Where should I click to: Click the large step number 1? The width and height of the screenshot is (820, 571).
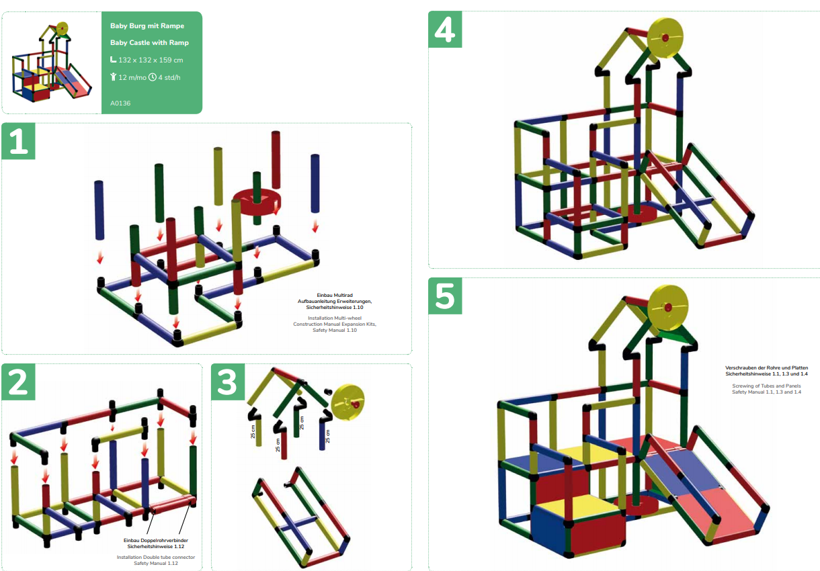point(19,142)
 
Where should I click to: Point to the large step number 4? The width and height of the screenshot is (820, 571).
point(445,30)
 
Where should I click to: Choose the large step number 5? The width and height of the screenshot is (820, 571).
point(445,296)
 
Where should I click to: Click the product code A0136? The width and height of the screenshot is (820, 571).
point(120,103)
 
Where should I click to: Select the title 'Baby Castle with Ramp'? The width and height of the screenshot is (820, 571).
point(149,42)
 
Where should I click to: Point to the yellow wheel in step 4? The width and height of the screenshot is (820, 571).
point(665,37)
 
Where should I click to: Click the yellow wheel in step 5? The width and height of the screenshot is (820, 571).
point(667,307)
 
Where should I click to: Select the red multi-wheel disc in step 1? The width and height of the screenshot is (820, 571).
point(255,202)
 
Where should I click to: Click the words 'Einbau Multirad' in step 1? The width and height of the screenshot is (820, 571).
point(335,295)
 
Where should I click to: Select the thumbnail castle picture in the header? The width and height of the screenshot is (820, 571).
point(52,62)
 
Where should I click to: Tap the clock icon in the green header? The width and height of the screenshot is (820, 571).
point(153,77)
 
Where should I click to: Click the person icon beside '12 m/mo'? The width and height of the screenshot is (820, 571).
point(114,77)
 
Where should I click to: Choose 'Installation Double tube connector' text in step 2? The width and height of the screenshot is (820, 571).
point(156,557)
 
